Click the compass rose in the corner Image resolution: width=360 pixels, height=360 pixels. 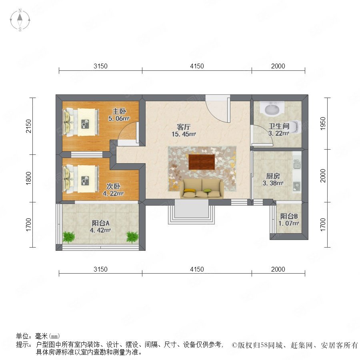20,20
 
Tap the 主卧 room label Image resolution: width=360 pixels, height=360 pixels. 119,111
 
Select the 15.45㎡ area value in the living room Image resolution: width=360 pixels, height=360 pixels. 184,134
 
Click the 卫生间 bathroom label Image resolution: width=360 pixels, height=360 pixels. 279,126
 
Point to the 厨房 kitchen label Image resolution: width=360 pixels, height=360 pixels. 273,176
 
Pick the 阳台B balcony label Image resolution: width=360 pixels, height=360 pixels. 289,216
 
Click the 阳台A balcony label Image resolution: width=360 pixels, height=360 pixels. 100,223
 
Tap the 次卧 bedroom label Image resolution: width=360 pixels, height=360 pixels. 113,186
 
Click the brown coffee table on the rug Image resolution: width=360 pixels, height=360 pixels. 202,162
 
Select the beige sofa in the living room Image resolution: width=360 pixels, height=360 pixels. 202,189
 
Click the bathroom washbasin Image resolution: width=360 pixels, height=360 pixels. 272,109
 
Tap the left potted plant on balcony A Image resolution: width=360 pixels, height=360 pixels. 69,237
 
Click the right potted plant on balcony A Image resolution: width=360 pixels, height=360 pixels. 132,237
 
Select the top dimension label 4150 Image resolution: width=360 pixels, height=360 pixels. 197,66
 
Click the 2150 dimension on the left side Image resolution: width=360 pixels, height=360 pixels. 28,126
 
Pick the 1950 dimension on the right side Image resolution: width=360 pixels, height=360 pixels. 323,124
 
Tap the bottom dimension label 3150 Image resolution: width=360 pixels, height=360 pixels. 100,269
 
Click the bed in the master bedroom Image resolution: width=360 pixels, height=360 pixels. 81,122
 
